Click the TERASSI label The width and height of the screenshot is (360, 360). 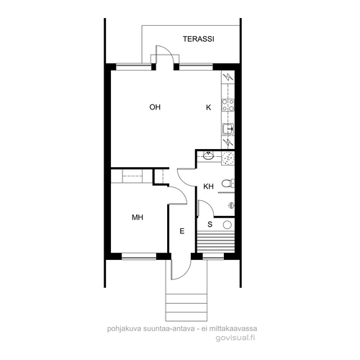[199, 39]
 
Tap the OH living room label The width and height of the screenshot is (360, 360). [155, 107]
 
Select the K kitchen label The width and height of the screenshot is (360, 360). [209, 107]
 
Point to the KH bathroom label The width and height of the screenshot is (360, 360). [208, 186]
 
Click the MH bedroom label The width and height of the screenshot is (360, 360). [138, 217]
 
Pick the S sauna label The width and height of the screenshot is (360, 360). [210, 225]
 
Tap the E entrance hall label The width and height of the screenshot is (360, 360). [182, 231]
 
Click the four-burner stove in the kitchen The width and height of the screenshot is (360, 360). [228, 105]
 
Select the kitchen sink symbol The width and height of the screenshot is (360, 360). [228, 129]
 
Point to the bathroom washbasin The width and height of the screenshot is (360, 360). [208, 156]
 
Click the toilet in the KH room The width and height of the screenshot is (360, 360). [228, 184]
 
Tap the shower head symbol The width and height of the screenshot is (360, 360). [231, 205]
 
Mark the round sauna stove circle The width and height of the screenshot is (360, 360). [227, 225]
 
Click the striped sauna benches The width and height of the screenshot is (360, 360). [215, 241]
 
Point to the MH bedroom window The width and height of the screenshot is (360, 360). [139, 256]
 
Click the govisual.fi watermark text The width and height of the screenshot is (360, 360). [235, 338]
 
